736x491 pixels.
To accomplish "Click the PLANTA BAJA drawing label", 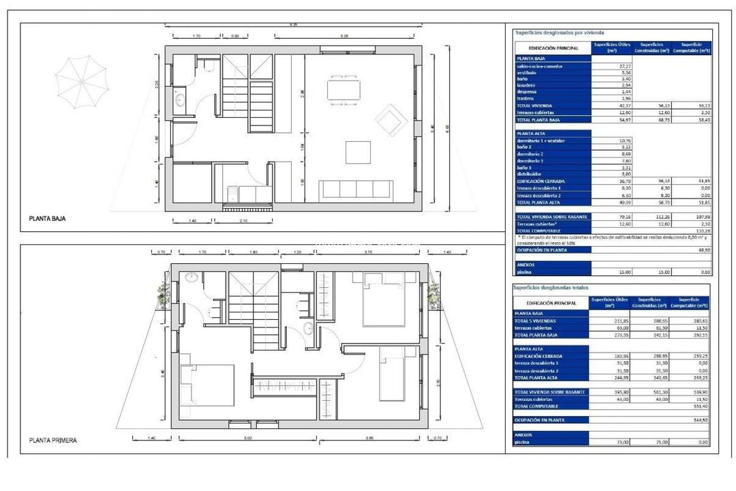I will click(x=47, y=220).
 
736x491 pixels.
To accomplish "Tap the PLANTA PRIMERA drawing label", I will click(x=52, y=441).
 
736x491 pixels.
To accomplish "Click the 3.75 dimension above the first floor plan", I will click(x=368, y=252).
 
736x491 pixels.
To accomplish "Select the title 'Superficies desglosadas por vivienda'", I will click(x=550, y=32).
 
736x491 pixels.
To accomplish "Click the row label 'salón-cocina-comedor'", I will click(x=540, y=66).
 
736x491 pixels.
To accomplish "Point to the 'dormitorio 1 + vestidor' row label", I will click(x=541, y=140).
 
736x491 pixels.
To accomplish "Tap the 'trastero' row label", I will click(x=526, y=99).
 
